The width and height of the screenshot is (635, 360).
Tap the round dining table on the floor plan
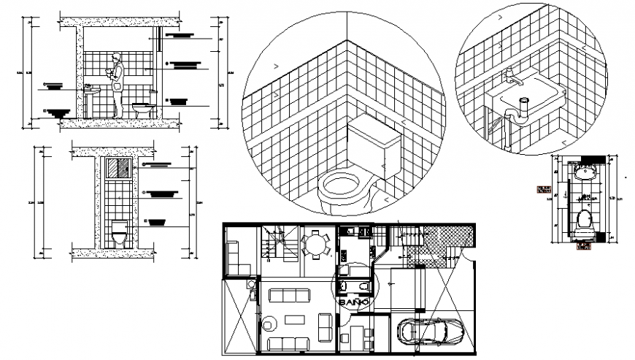pyautogui.click(x=315, y=245)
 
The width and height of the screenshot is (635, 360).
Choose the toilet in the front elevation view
pyautogui.click(x=119, y=234)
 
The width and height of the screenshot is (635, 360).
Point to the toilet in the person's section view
pyautogui.click(x=145, y=110)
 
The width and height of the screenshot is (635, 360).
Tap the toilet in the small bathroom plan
pyautogui.click(x=583, y=220)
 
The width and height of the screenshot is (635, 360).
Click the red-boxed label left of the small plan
pyautogui.click(x=543, y=190)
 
